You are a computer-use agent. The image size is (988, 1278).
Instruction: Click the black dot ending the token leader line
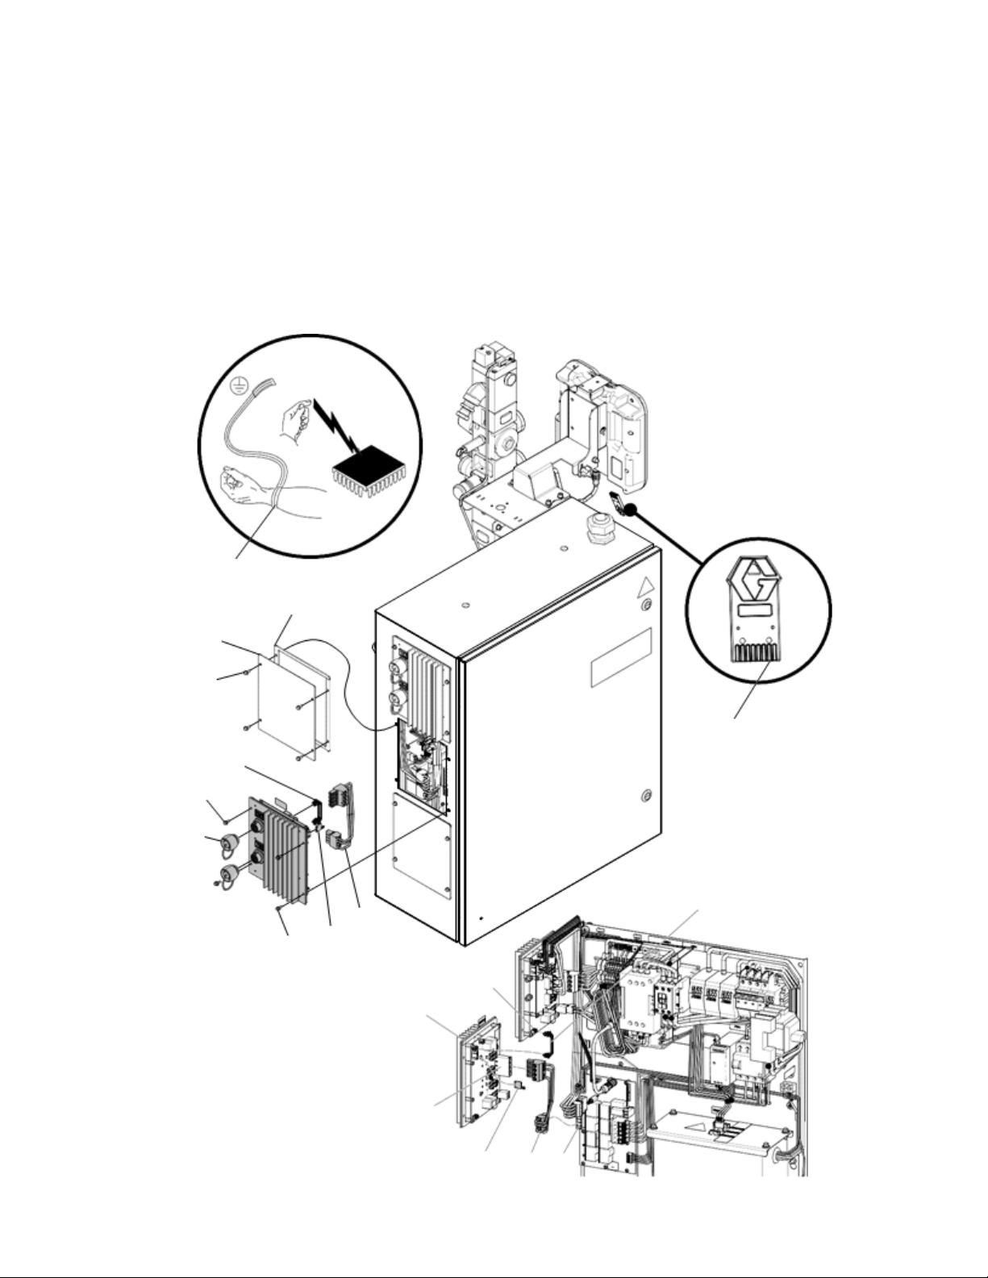[632, 508]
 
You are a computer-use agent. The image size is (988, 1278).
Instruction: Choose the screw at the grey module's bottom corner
[278, 908]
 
